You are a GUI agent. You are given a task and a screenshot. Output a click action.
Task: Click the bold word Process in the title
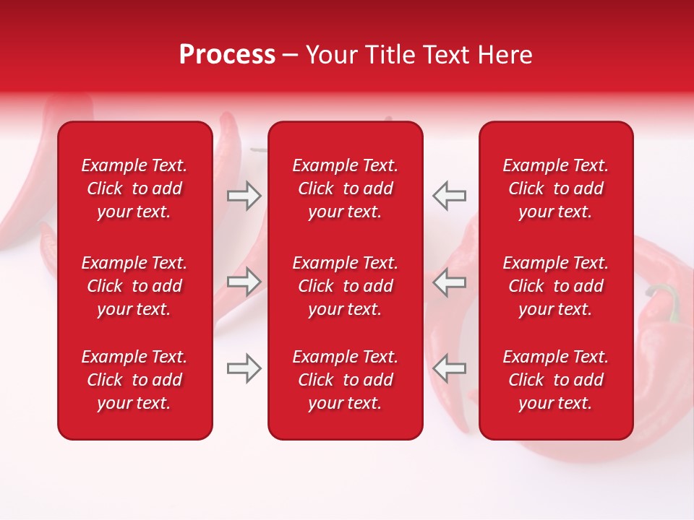coord(227,55)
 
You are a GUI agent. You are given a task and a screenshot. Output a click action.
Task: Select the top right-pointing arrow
coord(244,196)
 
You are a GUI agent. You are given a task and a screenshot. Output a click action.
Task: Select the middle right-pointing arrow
coord(244,282)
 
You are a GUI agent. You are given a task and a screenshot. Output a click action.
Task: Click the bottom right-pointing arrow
coord(244,368)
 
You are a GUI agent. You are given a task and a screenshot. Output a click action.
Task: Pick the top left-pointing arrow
coord(450,196)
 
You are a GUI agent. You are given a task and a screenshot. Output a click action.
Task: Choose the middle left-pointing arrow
coord(450,282)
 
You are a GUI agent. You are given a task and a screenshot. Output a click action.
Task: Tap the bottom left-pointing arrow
coord(450,368)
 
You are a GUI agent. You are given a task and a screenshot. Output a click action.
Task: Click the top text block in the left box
coord(134,188)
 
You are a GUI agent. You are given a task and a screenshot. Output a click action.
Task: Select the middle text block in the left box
coord(134,286)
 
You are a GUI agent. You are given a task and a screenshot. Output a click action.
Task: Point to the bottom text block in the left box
coord(134,380)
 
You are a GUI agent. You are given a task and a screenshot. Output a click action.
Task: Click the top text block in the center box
coord(346,188)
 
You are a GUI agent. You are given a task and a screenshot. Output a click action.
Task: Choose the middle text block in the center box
coord(346,286)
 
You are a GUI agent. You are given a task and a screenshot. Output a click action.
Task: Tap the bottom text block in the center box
coord(346,380)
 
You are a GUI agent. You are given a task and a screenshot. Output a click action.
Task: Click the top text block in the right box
coord(556,188)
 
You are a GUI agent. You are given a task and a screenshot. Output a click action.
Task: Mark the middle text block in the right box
coord(556,286)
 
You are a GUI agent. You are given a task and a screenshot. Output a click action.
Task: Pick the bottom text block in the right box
coord(556,380)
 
